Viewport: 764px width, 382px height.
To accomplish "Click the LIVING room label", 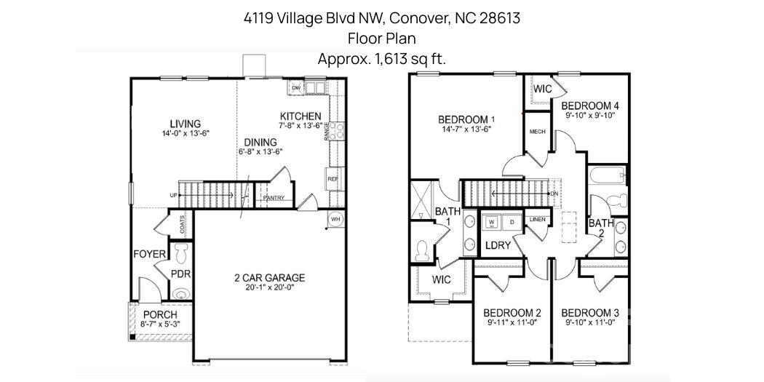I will [185, 124].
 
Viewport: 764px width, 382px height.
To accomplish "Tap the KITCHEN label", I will [301, 116].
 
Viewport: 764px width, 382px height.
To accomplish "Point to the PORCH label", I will [159, 314].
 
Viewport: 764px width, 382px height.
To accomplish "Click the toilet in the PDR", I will [180, 252].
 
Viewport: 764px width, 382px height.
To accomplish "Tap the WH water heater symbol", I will [335, 218].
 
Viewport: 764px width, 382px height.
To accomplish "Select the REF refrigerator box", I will [333, 178].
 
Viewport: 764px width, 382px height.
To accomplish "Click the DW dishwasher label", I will [296, 88].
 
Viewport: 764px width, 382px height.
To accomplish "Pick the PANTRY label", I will [274, 198].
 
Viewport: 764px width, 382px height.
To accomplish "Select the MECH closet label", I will [538, 132].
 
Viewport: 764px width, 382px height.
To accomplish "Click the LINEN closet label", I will [538, 219].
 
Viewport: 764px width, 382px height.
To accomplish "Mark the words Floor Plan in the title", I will [381, 39].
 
